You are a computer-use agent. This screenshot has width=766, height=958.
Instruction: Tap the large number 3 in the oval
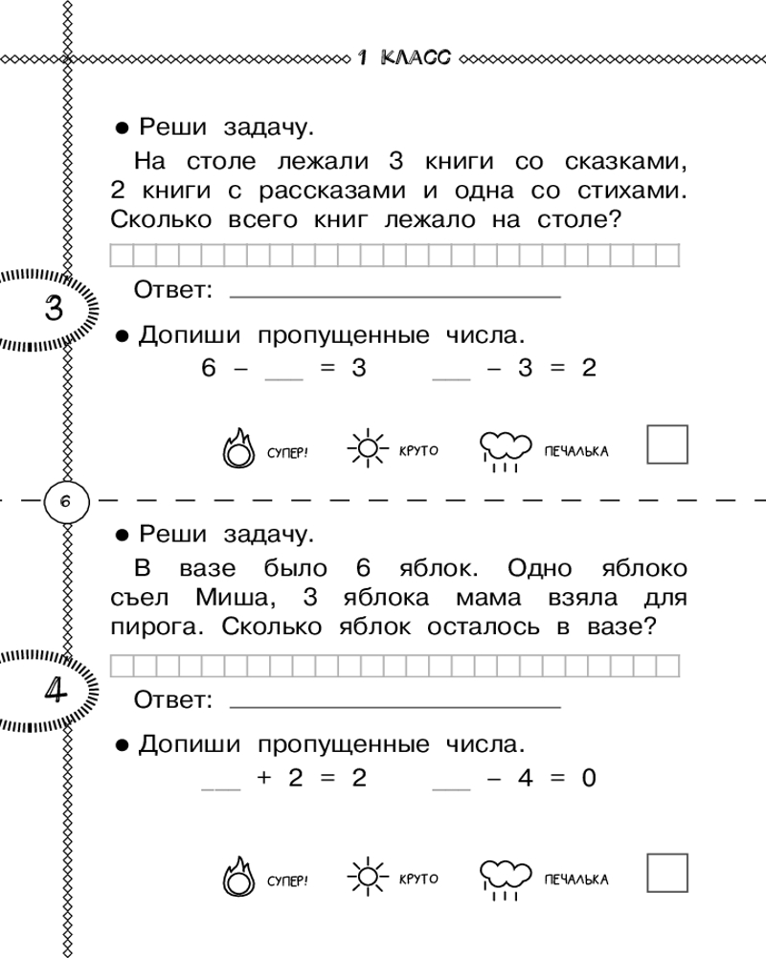[x=54, y=309]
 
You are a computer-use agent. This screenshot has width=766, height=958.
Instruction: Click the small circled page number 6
[x=65, y=500]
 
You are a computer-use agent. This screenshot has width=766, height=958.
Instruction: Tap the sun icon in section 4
[x=366, y=876]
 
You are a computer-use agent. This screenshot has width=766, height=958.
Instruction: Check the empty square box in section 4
[x=667, y=872]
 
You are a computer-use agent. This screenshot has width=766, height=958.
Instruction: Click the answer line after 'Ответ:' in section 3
[x=395, y=293]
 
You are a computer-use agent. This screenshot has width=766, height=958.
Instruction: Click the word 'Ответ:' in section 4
[x=172, y=701]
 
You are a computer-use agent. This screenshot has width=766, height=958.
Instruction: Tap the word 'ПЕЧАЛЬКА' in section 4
[x=575, y=879]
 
